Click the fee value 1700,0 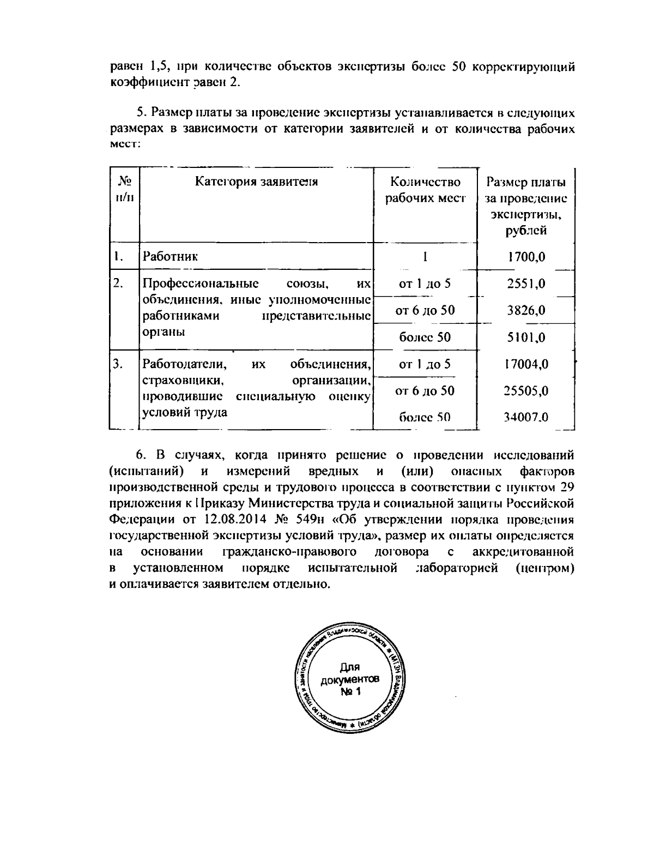click(526, 257)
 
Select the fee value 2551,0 click(526, 284)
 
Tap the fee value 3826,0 click(526, 311)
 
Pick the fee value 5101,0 click(526, 337)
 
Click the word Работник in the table click(170, 256)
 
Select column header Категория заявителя click(256, 182)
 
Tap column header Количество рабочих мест click(425, 190)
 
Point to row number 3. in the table click(119, 364)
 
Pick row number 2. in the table click(119, 284)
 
